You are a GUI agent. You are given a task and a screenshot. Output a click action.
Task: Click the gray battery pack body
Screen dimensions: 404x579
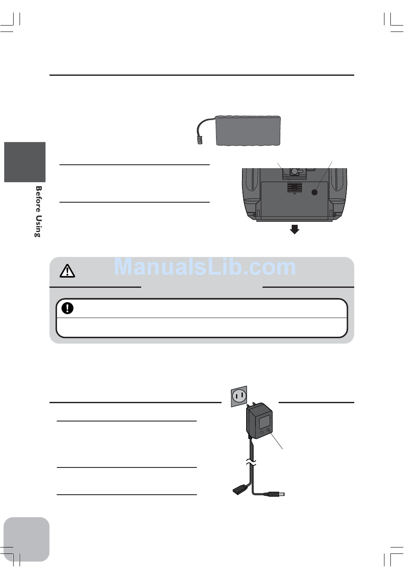click(x=248, y=130)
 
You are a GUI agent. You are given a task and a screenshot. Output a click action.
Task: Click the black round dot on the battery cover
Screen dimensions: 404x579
click(x=315, y=192)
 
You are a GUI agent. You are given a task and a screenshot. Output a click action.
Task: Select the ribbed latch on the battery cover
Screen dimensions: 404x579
click(x=294, y=187)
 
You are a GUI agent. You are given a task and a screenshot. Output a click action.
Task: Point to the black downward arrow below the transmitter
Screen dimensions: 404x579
click(x=294, y=230)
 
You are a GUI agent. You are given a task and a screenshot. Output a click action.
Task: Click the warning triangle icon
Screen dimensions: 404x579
click(x=67, y=271)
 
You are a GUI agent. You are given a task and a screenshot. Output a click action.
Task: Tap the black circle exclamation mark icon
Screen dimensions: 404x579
click(x=67, y=308)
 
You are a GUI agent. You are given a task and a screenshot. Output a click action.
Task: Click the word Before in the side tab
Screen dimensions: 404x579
click(x=38, y=199)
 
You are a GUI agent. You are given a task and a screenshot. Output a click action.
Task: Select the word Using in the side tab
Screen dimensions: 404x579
click(x=38, y=226)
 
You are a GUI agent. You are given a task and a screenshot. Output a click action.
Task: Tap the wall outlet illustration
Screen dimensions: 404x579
click(x=239, y=396)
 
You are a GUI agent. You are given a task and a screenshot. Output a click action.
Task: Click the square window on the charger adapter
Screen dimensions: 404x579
click(x=265, y=422)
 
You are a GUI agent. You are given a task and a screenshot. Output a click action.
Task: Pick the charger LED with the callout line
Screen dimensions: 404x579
click(x=269, y=431)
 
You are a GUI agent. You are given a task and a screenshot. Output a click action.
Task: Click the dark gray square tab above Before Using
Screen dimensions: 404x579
click(x=25, y=162)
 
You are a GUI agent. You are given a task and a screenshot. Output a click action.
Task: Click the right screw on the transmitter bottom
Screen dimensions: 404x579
click(x=334, y=214)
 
